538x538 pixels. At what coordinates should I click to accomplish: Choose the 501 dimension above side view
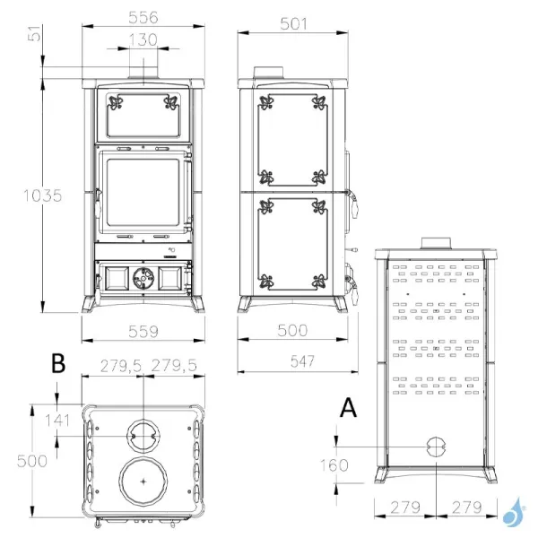(x=292, y=24)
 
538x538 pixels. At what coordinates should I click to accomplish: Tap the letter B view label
(x=58, y=364)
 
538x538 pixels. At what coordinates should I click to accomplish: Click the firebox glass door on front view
(x=139, y=192)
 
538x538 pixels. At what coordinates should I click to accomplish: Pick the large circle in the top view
(x=142, y=482)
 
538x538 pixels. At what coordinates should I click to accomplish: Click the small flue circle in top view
(x=142, y=436)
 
